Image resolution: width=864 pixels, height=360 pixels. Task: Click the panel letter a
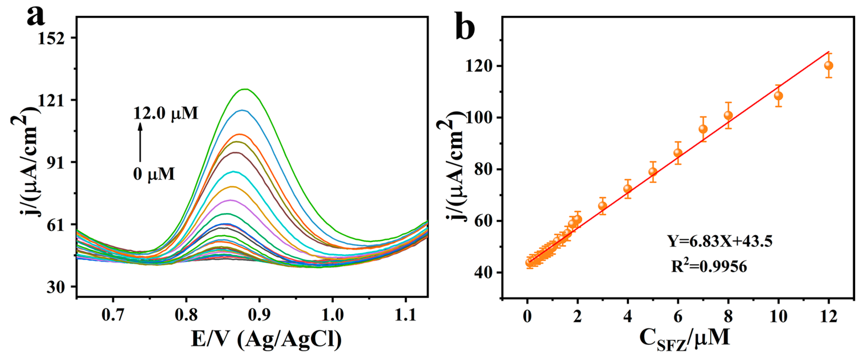36,17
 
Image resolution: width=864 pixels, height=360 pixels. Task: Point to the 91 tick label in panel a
56,162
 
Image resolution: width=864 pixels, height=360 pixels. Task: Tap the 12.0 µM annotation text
166,113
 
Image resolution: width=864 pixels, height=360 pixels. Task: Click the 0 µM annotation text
154,174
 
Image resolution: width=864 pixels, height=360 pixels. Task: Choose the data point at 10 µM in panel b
779,96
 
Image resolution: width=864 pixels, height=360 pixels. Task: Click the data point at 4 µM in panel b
628,189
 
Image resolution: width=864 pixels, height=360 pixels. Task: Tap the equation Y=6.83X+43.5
719,241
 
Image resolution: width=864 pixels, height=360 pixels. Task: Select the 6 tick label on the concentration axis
678,317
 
